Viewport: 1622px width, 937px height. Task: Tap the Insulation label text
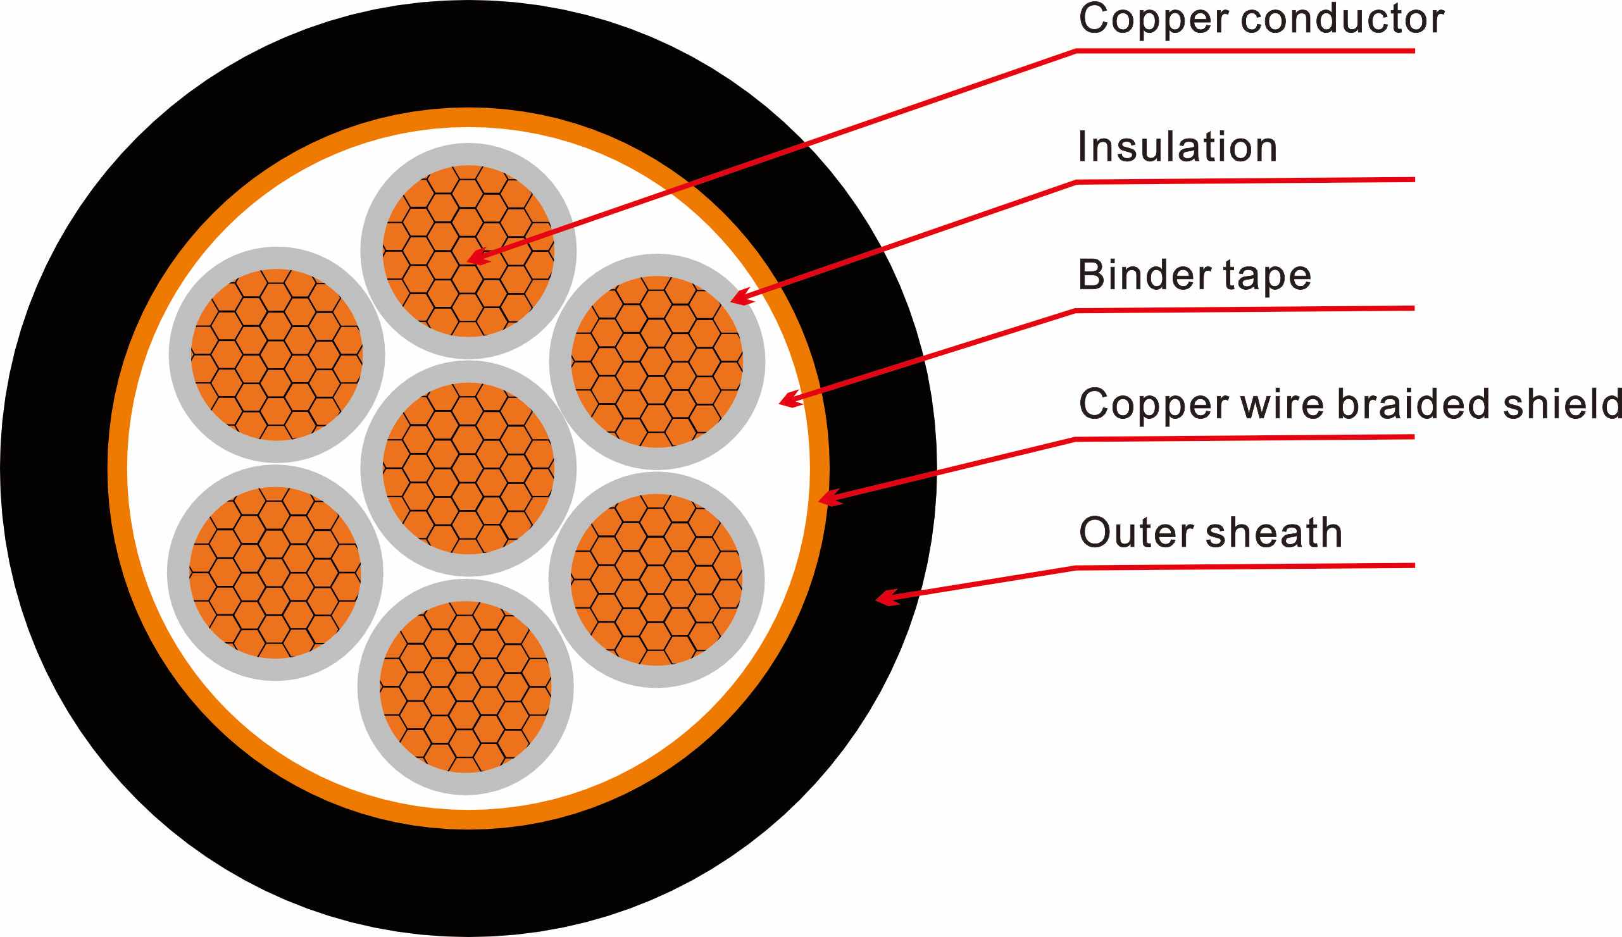(x=1177, y=147)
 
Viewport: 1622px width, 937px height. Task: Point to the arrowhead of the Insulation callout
(x=740, y=298)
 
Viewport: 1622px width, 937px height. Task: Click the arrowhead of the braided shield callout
(x=827, y=499)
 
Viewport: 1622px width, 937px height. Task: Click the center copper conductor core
(x=468, y=468)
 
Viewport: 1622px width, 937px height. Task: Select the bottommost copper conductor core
(x=465, y=686)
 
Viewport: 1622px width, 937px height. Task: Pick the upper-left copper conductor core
(x=277, y=354)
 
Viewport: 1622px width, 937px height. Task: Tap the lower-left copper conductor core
(x=275, y=573)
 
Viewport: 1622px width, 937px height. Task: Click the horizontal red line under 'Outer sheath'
(x=1245, y=566)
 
